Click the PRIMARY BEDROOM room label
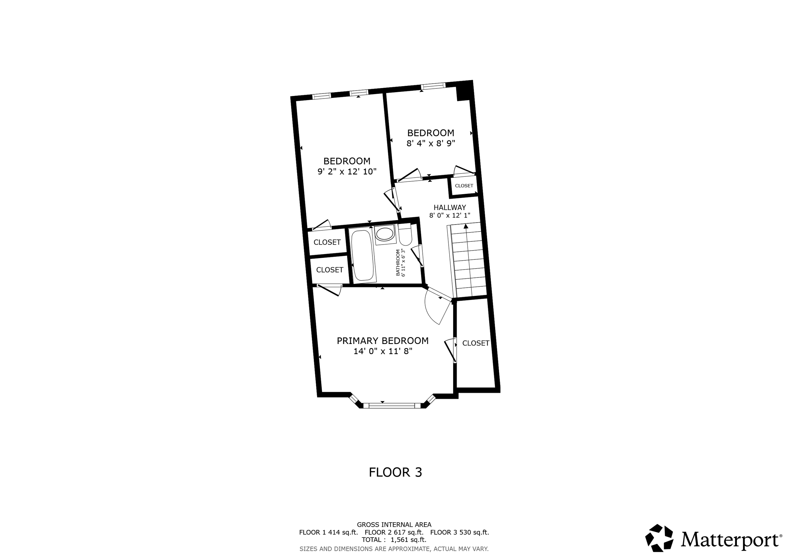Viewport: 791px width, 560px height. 383,341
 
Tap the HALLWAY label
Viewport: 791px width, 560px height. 450,207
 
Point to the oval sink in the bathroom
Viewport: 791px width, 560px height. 385,234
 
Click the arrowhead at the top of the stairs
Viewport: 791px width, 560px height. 466,226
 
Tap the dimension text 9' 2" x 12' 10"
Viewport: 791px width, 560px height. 346,171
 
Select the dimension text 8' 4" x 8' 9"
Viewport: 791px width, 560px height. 431,143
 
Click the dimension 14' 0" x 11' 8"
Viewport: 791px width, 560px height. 383,351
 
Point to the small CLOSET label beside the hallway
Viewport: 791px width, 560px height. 464,186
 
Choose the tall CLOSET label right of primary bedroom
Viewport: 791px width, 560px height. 476,343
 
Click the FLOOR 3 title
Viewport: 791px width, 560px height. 395,472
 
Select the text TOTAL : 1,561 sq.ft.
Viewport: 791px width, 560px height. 394,540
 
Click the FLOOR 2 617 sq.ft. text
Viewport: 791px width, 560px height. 394,532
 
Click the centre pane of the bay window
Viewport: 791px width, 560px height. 392,405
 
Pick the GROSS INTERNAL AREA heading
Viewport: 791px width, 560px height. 394,525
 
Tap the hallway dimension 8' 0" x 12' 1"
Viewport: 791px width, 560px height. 450,215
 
